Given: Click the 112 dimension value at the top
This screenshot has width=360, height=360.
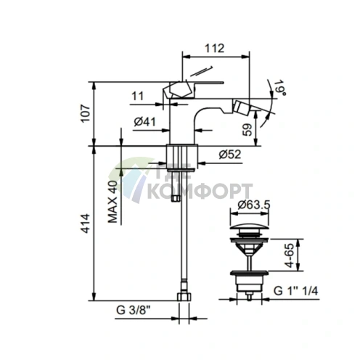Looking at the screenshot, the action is click(x=215, y=49).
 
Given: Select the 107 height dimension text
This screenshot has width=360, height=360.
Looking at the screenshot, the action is click(x=86, y=114).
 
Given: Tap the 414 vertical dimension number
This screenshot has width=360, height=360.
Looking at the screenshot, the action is click(x=86, y=224).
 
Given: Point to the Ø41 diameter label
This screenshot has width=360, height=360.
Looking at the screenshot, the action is click(x=145, y=122).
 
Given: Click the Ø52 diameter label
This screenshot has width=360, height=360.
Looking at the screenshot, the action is click(x=230, y=155).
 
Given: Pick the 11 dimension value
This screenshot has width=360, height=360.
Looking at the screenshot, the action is click(x=138, y=96).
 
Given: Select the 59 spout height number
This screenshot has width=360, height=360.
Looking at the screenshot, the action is click(x=247, y=130).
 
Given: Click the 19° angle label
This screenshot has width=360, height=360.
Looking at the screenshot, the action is click(x=279, y=88).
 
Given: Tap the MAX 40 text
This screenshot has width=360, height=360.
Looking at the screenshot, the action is click(x=112, y=202).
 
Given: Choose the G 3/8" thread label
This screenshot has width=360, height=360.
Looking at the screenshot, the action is click(x=131, y=310).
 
